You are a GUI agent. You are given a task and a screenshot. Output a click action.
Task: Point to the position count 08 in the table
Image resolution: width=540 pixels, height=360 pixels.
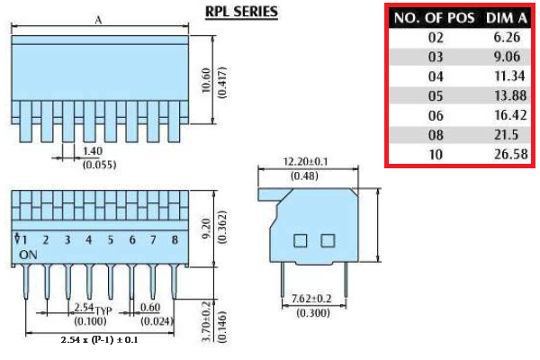(436, 135)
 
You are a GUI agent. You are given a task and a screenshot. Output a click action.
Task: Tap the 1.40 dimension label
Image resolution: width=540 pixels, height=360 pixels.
(92, 151)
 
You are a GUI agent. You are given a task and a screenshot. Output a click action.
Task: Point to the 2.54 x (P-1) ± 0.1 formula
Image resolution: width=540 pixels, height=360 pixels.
(99, 340)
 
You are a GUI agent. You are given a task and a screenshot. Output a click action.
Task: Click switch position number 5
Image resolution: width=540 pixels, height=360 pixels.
(110, 240)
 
